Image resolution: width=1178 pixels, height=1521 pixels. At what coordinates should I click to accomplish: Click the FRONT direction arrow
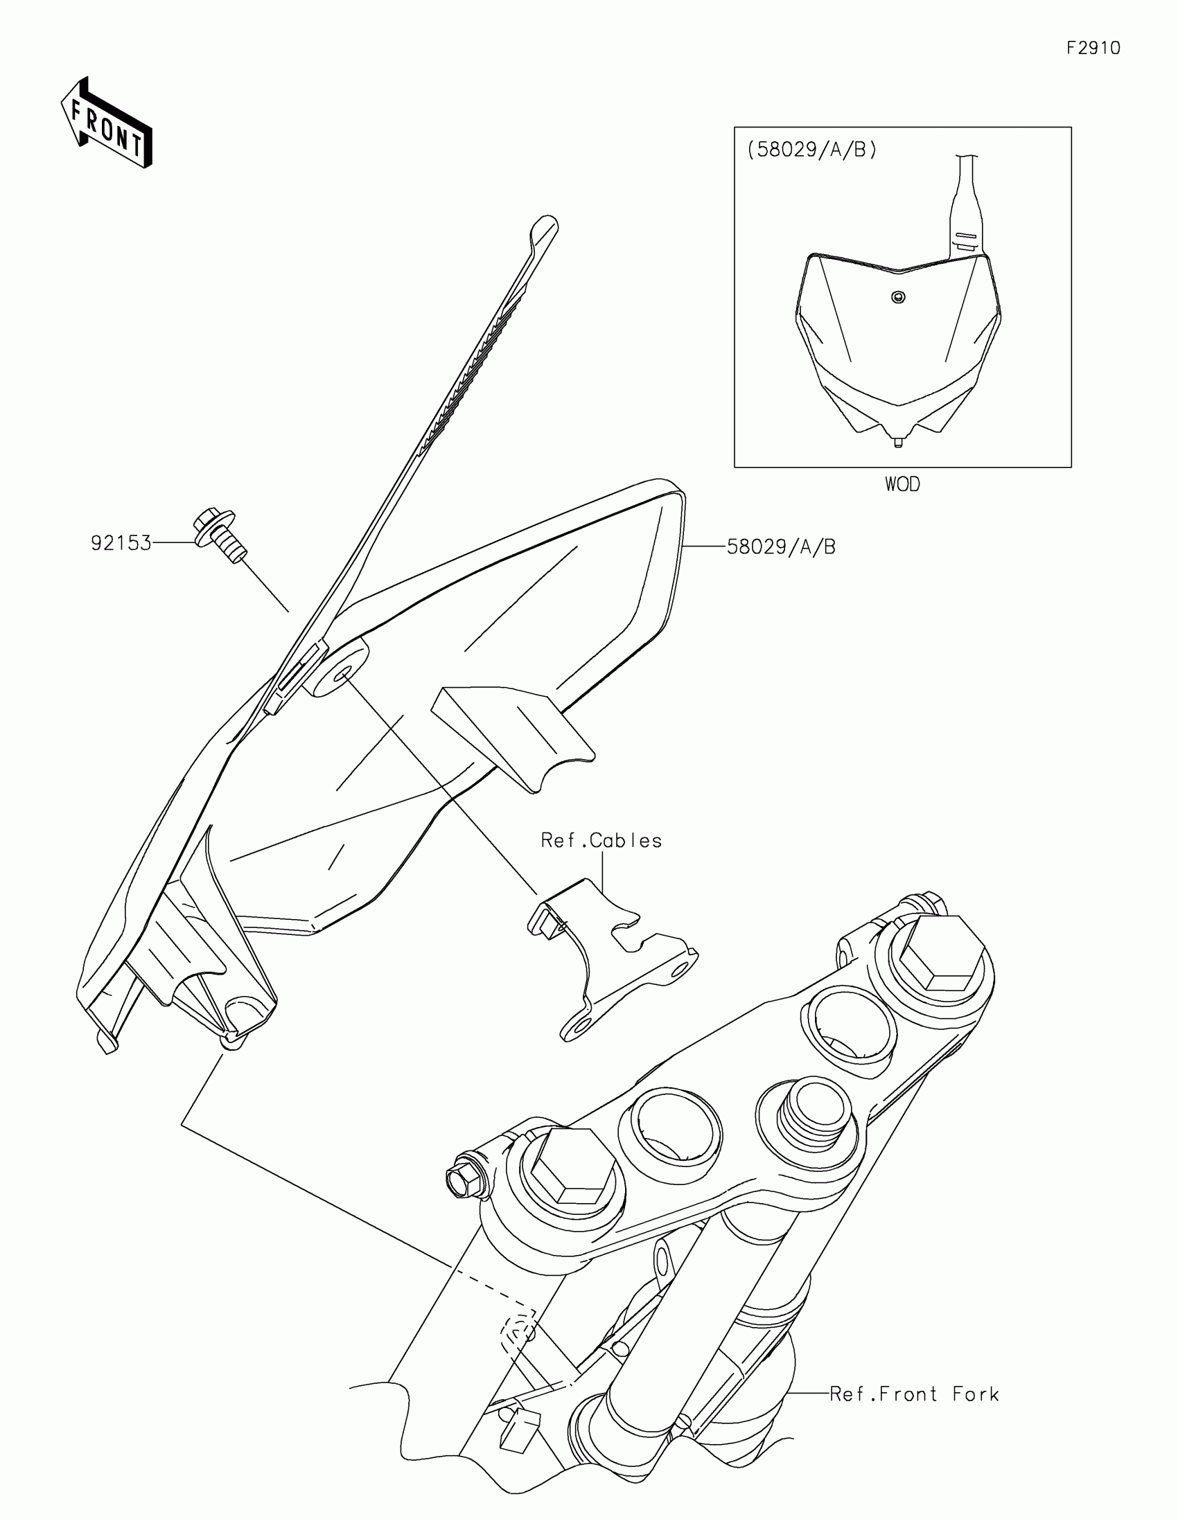point(107,124)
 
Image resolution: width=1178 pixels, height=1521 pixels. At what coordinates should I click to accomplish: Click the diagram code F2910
point(1093,48)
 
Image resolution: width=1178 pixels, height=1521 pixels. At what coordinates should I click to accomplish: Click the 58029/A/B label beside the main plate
point(781,546)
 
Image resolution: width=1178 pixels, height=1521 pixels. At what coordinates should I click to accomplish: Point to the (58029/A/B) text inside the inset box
point(811,150)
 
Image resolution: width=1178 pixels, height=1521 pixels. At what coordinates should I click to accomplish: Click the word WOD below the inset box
point(902,484)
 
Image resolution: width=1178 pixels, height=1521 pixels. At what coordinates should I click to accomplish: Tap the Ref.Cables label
point(601,841)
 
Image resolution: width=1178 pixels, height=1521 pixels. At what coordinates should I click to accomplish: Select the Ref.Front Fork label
point(914,1394)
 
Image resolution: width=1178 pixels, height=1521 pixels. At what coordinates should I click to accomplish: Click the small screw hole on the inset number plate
point(899,297)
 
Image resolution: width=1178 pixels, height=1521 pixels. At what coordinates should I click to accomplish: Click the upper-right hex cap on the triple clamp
point(941,952)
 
